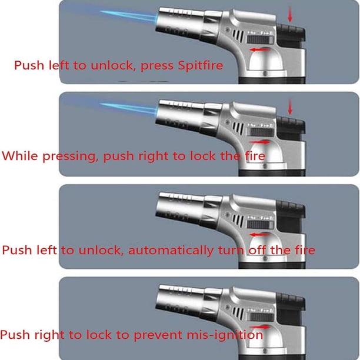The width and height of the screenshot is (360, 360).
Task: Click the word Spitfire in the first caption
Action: click(201, 65)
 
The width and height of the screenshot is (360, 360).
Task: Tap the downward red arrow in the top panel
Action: click(290, 14)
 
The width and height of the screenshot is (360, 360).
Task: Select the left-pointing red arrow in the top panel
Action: click(259, 49)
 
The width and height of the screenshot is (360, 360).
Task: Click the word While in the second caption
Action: click(20, 156)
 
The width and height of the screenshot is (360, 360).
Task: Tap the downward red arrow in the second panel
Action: click(290, 106)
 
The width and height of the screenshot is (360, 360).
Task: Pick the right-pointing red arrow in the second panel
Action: click(259, 142)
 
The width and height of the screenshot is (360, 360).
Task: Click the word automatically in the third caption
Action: click(171, 250)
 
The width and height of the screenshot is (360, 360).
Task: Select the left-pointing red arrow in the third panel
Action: click(259, 235)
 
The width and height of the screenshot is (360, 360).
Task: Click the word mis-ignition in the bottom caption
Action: click(225, 335)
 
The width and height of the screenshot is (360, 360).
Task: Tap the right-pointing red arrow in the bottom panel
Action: click(259, 327)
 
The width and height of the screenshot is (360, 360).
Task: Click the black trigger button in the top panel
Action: click(291, 34)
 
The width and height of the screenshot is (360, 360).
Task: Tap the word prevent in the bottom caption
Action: click(158, 335)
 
